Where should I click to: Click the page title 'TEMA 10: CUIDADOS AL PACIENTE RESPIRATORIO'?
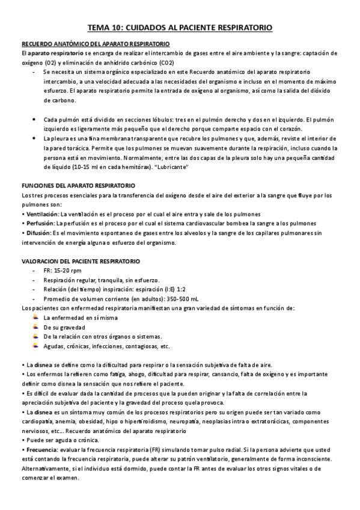click(180, 28)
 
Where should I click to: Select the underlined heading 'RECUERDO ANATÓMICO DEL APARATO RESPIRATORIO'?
click(96, 45)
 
